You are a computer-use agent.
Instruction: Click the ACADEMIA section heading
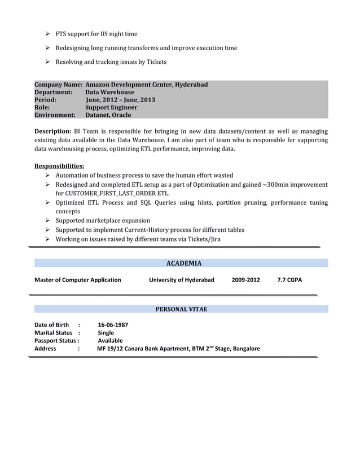(184, 263)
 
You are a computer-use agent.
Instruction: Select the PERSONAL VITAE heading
(181, 309)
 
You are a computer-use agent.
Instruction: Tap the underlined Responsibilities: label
(59, 166)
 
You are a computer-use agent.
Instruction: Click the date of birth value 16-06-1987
(113, 325)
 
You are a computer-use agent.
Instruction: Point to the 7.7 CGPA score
(289, 280)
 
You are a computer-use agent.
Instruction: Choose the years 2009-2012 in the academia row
(245, 280)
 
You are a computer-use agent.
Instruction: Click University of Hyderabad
(182, 280)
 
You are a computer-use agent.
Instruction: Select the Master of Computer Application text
(78, 280)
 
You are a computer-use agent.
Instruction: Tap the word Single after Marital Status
(106, 333)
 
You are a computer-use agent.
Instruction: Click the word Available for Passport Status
(110, 341)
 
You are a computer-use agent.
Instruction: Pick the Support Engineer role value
(111, 107)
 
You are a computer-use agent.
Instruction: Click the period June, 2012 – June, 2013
(120, 100)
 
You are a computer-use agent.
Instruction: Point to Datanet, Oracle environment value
(108, 115)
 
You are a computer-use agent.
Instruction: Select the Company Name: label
(59, 85)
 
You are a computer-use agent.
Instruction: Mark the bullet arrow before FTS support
(49, 34)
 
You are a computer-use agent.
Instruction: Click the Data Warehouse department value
(109, 92)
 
